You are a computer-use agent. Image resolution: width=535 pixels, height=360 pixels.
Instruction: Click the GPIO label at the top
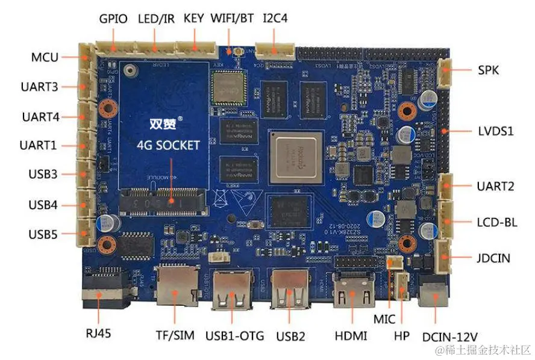[113, 19]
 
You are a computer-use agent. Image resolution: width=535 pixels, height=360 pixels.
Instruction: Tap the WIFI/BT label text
[232, 18]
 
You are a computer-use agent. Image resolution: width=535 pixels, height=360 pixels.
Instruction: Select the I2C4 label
[275, 18]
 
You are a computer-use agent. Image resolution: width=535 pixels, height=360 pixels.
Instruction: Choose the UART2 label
[495, 187]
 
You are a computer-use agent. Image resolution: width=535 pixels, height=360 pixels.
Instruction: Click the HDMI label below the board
[351, 335]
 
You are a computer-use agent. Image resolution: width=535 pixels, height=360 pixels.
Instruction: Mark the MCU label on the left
[45, 58]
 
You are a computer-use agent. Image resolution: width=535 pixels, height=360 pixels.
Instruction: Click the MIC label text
[383, 317]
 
